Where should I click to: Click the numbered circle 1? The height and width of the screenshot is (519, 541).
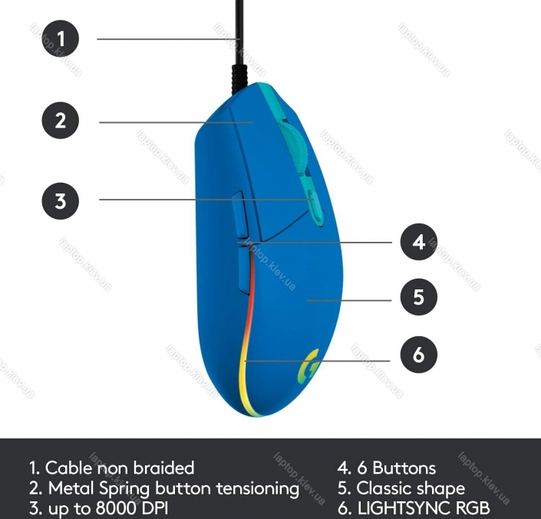(61, 38)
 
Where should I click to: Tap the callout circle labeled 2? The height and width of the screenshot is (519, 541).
(61, 121)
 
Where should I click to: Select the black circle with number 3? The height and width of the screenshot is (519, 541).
(61, 201)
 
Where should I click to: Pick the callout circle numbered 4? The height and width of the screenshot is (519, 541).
(418, 242)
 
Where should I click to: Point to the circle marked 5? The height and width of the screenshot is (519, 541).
(418, 297)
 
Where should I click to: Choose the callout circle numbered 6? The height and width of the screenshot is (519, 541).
(418, 355)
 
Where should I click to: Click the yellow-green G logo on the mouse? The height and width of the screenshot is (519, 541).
(308, 366)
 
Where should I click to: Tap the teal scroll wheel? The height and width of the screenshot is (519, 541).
(292, 147)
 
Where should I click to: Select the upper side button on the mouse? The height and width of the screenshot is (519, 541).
(239, 215)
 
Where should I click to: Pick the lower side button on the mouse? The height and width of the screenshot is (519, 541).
(244, 271)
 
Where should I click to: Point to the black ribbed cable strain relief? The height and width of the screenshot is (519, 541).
(239, 79)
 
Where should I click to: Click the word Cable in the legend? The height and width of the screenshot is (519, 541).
(68, 468)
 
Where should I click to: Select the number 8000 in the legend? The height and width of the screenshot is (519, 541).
(115, 508)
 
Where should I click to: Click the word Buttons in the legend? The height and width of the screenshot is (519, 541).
(404, 468)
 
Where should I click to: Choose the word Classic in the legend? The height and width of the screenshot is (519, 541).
(380, 488)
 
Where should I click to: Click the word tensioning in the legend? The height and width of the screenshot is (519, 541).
(257, 489)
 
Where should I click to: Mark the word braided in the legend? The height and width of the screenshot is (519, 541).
(163, 468)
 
